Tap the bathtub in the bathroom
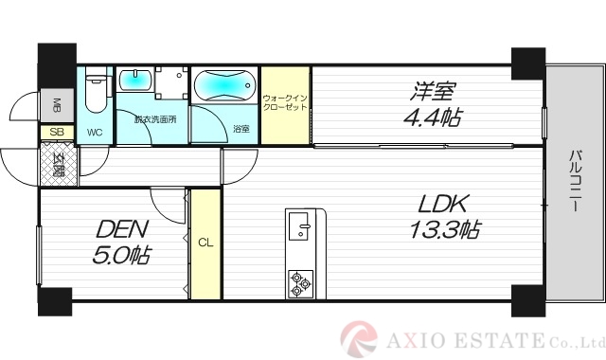223,87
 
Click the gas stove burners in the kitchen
301,282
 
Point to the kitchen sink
301,227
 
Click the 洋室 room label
433,92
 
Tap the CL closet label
205,242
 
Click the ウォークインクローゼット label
286,102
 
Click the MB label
56,103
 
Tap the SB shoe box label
56,133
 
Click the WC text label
95,133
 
